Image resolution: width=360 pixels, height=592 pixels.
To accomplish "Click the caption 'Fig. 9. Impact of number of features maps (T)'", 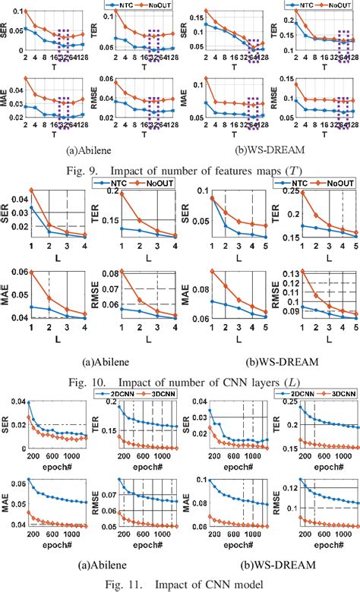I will coord(179,171).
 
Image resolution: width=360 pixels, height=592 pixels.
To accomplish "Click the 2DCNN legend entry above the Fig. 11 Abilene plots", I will coord(113,395).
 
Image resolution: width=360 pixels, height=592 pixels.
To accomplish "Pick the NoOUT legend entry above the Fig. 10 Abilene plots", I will coord(145,183).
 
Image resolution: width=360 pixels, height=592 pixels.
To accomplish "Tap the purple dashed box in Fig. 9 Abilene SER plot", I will coord(67,36).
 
